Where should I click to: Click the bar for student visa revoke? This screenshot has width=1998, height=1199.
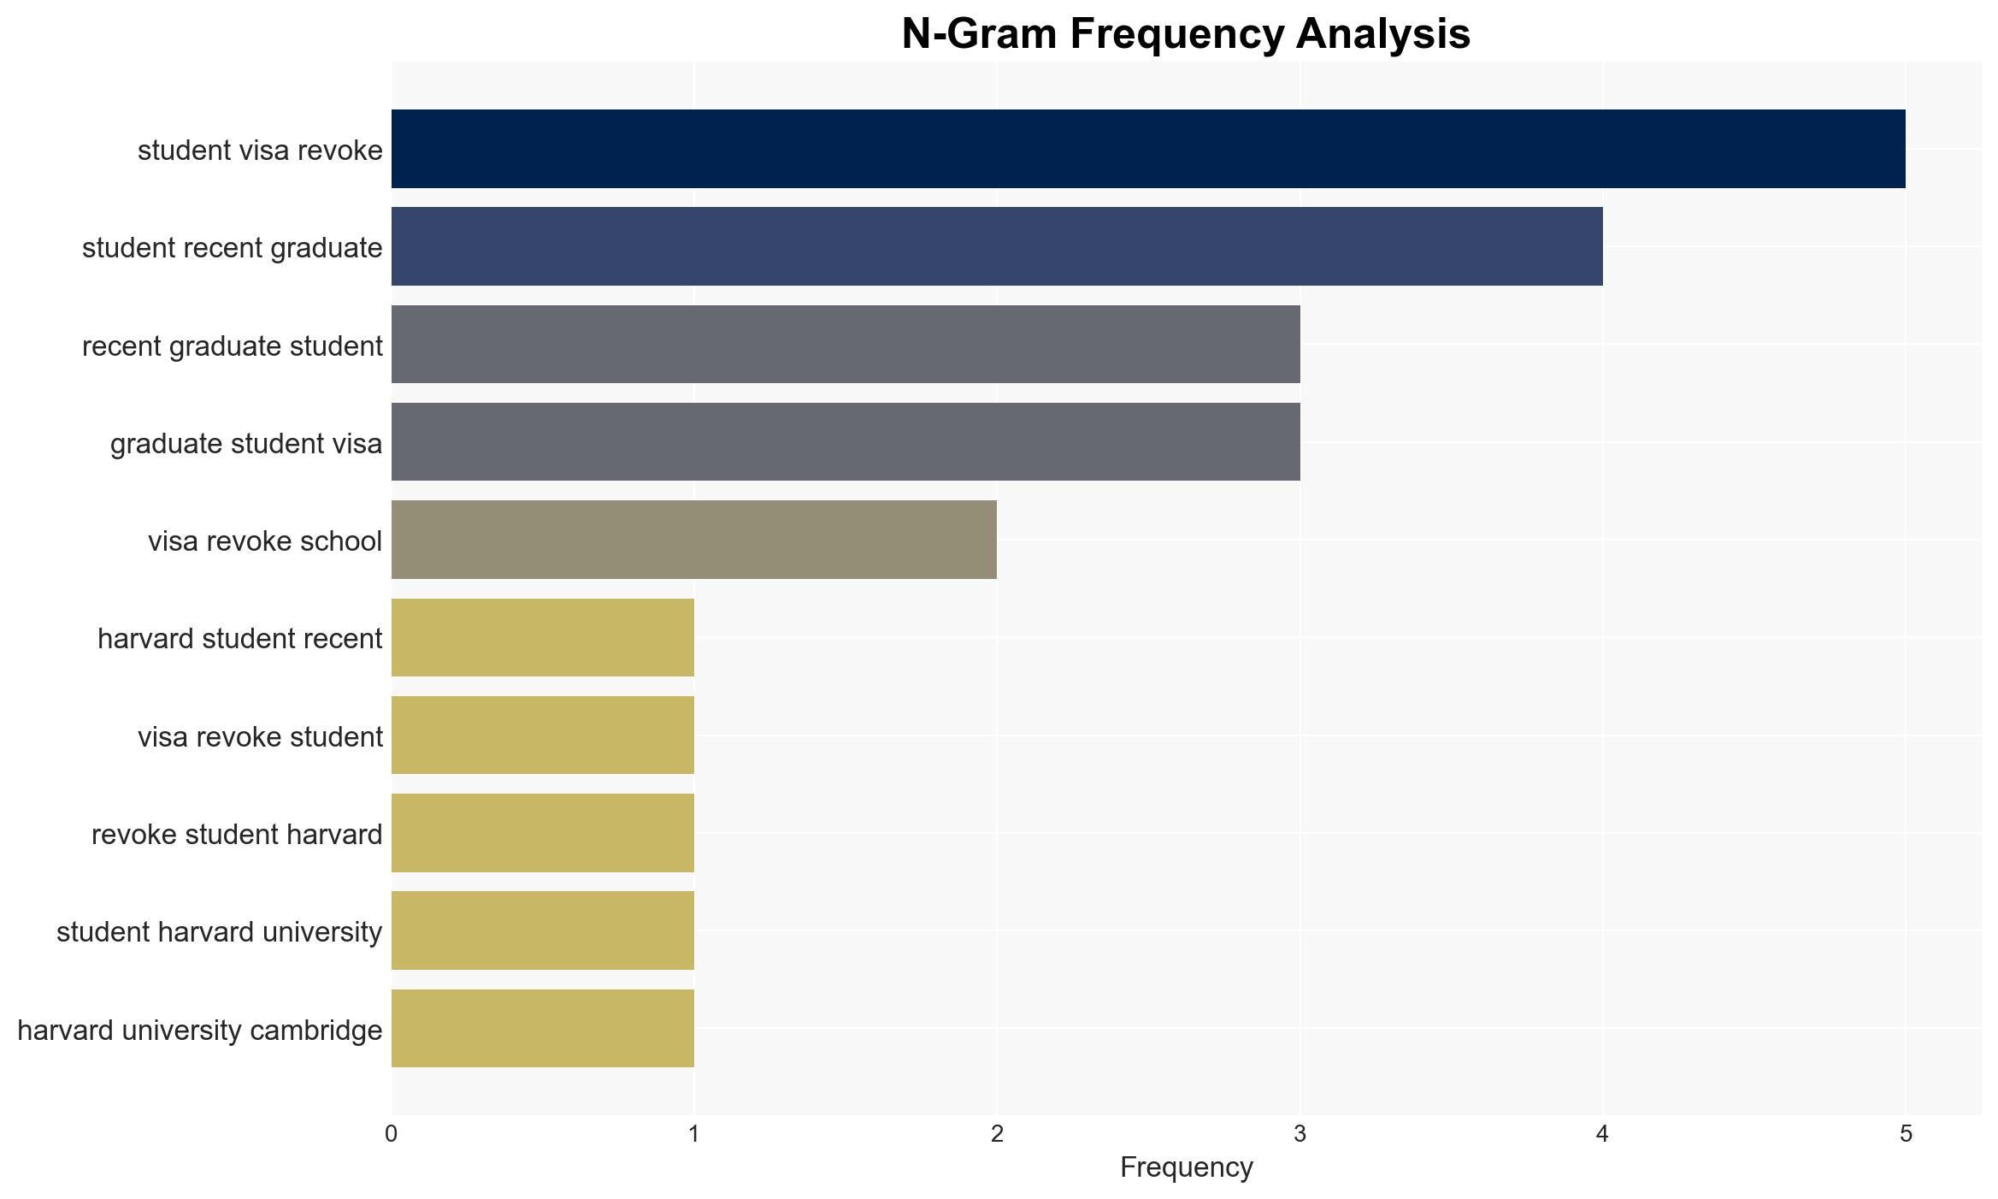tap(1148, 149)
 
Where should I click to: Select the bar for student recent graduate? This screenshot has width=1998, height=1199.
tap(997, 246)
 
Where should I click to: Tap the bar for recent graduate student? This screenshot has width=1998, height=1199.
tap(846, 345)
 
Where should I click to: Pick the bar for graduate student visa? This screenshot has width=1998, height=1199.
tap(846, 442)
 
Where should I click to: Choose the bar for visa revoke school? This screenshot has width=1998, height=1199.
tap(694, 540)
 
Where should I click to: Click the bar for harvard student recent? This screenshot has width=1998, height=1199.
tap(543, 638)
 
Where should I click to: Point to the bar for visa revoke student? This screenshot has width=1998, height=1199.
tap(543, 735)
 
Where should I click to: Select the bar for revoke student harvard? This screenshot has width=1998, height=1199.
tap(543, 833)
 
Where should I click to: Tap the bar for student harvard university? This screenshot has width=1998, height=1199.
tap(543, 930)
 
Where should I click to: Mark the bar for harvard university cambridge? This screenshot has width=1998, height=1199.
tap(543, 1029)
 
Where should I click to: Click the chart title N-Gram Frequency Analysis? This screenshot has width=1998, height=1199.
tap(1186, 34)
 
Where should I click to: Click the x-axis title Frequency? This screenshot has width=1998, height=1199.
tap(1186, 1167)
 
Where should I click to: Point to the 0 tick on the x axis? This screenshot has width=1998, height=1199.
tap(392, 1134)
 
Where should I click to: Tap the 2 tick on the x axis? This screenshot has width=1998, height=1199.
tap(997, 1134)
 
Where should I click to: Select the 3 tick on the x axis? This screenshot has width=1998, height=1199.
tap(1300, 1134)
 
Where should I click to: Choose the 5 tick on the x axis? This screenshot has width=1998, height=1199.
tap(1906, 1134)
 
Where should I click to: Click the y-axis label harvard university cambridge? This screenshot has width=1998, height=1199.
tap(200, 1031)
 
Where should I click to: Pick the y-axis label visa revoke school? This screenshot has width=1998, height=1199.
tap(265, 541)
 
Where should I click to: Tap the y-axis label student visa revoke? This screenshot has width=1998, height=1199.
tap(260, 151)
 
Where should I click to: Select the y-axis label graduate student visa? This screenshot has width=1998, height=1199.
tap(246, 444)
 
